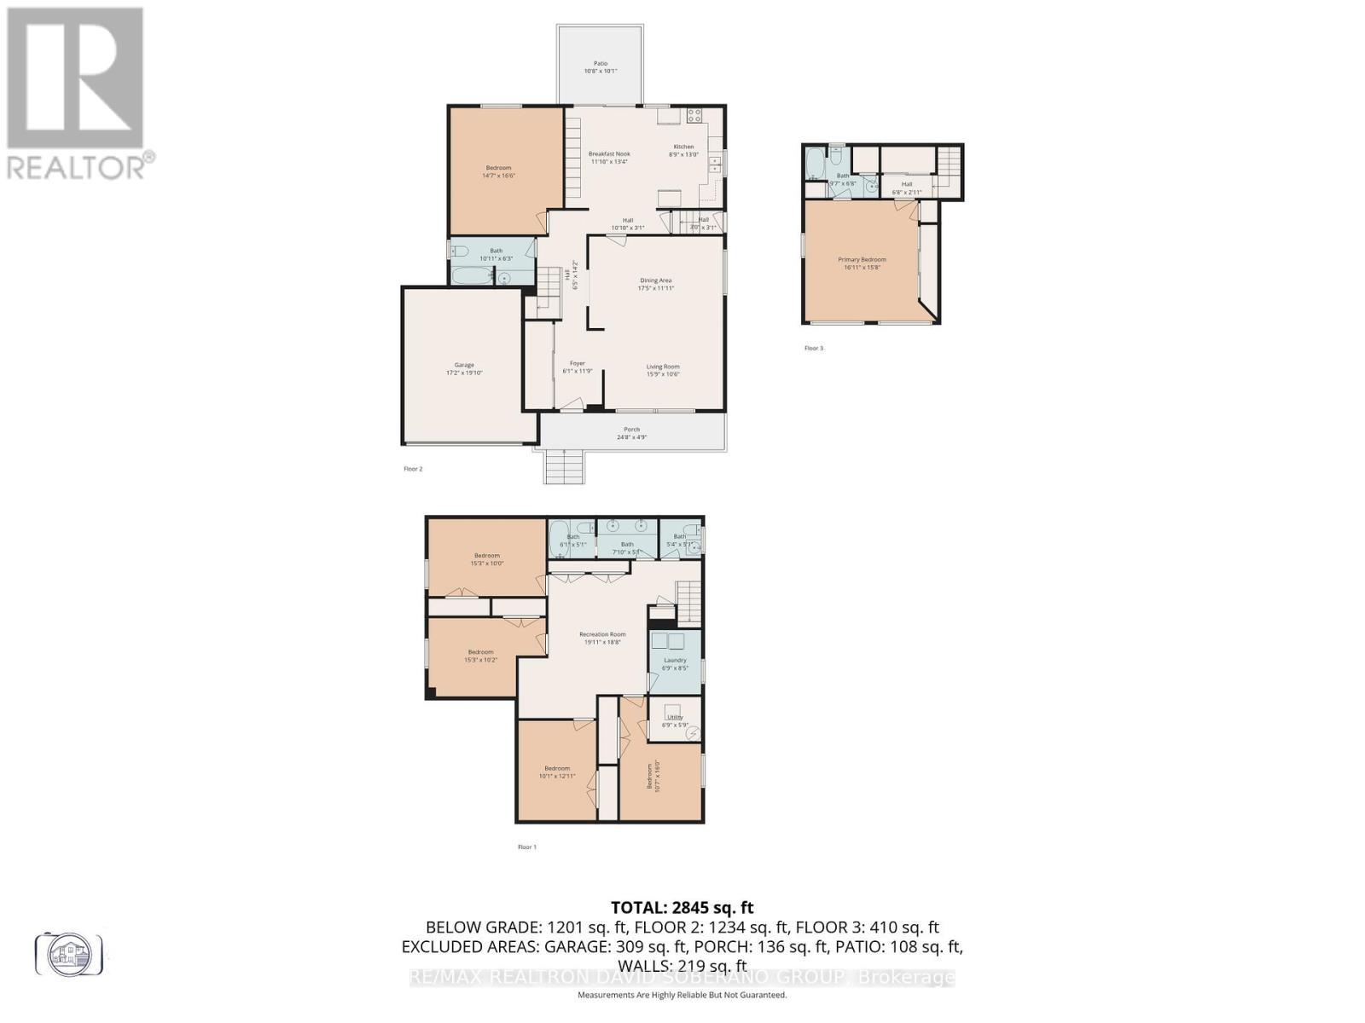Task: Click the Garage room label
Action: (x=464, y=368)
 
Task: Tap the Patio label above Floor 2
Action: (x=601, y=66)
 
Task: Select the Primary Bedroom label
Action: (x=862, y=263)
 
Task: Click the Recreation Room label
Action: (x=602, y=638)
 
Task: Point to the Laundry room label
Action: (x=675, y=663)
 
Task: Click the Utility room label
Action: (x=675, y=721)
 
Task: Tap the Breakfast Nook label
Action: (x=609, y=157)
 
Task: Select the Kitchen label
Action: (x=683, y=150)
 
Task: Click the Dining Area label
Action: (x=656, y=283)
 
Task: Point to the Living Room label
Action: (x=662, y=370)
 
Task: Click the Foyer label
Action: (x=577, y=367)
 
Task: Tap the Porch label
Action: (x=631, y=433)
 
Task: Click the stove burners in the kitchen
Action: (x=694, y=115)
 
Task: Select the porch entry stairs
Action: (x=564, y=466)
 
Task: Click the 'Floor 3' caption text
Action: (x=814, y=348)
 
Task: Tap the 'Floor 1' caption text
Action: (x=527, y=847)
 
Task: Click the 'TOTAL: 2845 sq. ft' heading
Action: (x=682, y=908)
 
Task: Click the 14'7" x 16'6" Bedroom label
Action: (x=499, y=171)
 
